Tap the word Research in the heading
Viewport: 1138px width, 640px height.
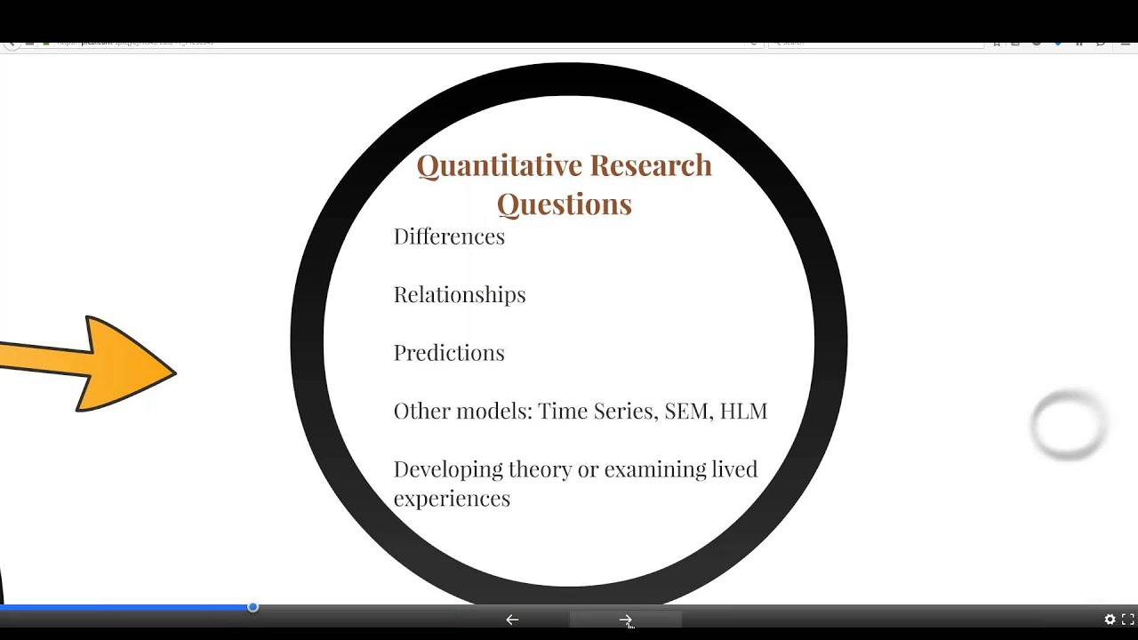[651, 165]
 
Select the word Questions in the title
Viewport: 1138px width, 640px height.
[564, 204]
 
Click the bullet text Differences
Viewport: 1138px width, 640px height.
[449, 236]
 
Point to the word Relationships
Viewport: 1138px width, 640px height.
[460, 295]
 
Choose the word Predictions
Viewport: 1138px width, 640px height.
[449, 353]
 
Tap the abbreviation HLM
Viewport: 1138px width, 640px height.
[743, 411]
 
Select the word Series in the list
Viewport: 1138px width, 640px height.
[619, 411]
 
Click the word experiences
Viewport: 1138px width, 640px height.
[452, 499]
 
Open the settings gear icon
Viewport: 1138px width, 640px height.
[1110, 620]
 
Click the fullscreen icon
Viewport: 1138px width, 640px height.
[1127, 620]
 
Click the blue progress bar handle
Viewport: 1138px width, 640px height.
[252, 607]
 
